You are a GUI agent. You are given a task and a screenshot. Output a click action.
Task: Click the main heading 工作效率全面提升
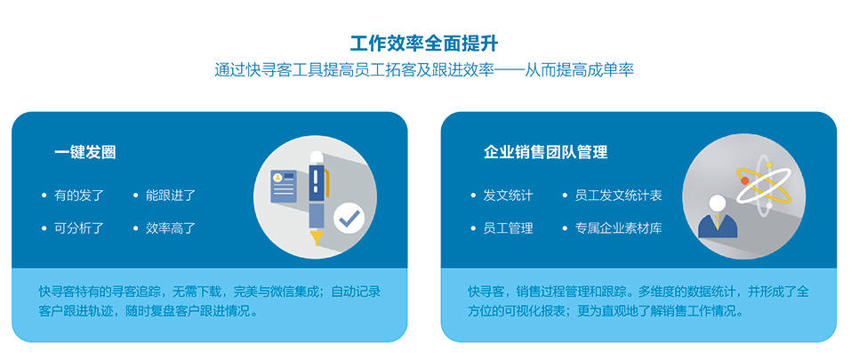point(424,43)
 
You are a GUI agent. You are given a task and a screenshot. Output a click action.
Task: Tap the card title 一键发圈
point(84,152)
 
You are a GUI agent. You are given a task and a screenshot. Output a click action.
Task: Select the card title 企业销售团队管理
point(545,152)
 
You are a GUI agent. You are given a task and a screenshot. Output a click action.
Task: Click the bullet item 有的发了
point(78,196)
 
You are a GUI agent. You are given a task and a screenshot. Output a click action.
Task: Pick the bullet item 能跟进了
point(171,196)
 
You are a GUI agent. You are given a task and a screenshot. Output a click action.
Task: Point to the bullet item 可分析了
point(78,228)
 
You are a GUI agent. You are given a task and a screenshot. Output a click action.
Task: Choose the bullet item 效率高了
point(171,228)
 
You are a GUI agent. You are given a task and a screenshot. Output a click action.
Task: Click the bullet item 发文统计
point(508,196)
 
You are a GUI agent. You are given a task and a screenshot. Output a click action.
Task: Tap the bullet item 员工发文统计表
point(619,196)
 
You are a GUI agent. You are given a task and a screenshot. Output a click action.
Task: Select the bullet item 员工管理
point(508,228)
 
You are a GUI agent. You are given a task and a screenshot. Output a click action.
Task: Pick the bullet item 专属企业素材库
point(619,228)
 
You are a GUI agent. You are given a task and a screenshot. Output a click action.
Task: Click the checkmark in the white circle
point(349,219)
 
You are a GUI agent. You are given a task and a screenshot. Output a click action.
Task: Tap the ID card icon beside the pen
point(284,186)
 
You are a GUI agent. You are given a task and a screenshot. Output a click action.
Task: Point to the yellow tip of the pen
point(317,237)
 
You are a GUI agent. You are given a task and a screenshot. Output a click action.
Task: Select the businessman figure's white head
point(717,204)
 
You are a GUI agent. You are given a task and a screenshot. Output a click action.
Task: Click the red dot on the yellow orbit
point(745,180)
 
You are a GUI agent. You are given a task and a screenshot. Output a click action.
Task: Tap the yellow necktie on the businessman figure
point(718,221)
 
